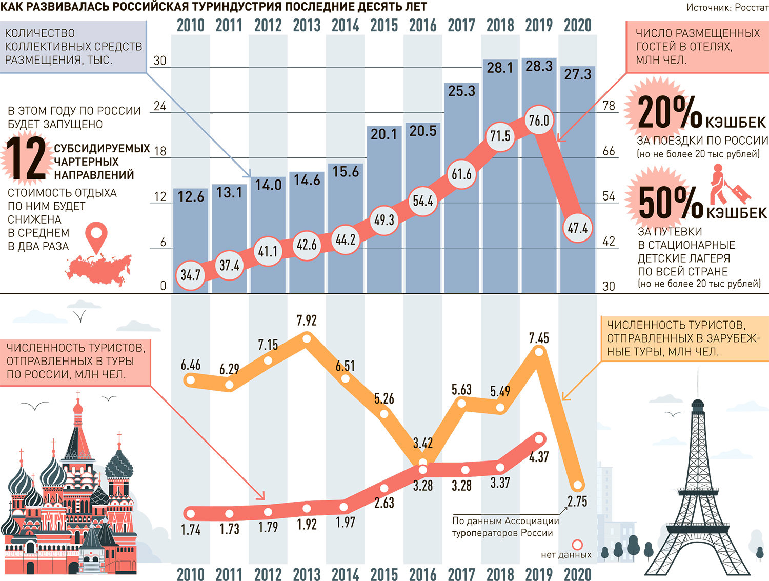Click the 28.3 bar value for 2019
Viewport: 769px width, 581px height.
click(539, 66)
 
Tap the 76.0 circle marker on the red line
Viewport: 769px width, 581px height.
click(539, 121)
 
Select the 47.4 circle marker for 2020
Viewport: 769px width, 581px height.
click(577, 228)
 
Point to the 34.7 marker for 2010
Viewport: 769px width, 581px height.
click(191, 275)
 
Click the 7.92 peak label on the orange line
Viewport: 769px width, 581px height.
click(307, 320)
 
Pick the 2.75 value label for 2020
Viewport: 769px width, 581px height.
click(577, 501)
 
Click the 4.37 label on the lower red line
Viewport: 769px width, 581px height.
click(539, 456)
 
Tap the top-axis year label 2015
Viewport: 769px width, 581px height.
click(384, 25)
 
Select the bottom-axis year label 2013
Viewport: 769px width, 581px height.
click(307, 574)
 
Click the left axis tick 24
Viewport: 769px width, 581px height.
click(160, 106)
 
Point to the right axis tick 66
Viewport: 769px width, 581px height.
click(609, 151)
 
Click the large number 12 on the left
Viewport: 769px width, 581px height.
click(26, 158)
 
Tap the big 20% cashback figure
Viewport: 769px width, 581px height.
click(670, 112)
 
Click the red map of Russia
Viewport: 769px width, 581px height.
click(97, 269)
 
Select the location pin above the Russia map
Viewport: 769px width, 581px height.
click(96, 236)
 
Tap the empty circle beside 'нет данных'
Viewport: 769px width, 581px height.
click(577, 545)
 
